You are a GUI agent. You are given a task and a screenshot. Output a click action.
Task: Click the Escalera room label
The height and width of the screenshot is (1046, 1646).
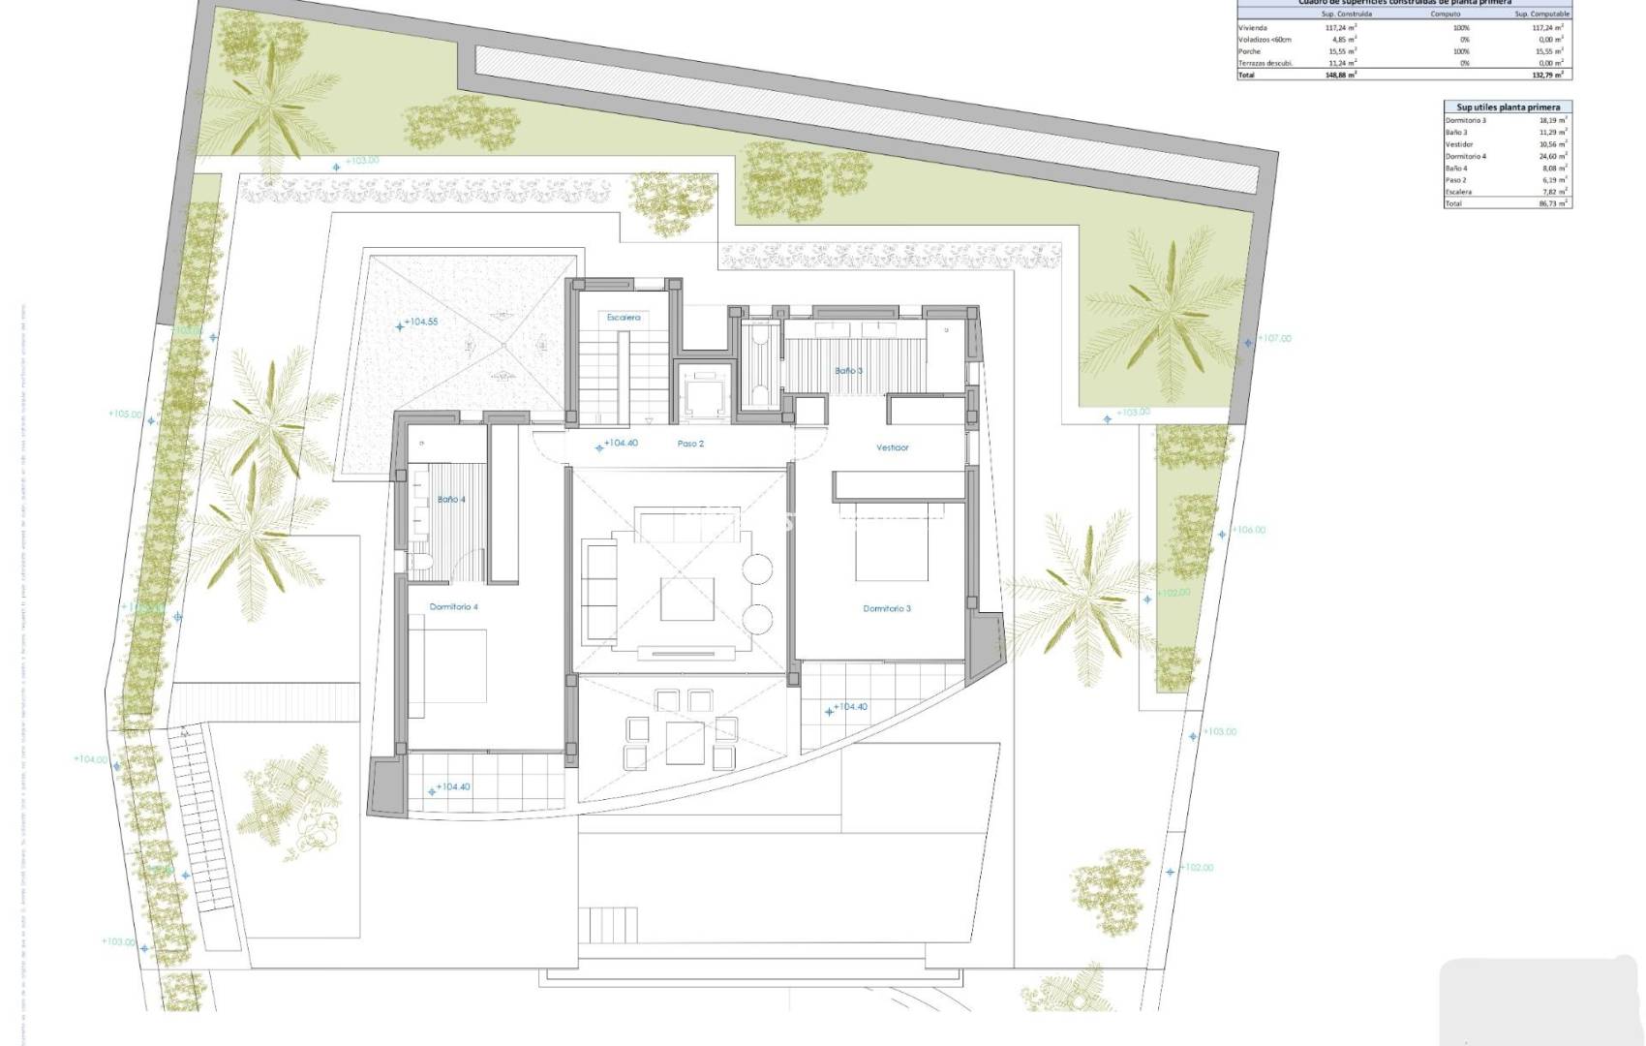(x=624, y=318)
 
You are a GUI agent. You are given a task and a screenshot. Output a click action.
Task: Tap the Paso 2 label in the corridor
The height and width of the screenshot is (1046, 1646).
(x=690, y=444)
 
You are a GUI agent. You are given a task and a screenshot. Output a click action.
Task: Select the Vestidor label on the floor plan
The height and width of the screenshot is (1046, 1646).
(x=893, y=447)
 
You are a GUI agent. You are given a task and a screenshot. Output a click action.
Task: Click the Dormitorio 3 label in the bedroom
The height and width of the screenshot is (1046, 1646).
(x=887, y=609)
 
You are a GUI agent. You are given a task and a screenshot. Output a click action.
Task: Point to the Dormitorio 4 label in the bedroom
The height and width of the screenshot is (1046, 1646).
(x=454, y=607)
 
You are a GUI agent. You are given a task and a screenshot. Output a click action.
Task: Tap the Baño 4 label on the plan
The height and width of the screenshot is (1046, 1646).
(x=451, y=500)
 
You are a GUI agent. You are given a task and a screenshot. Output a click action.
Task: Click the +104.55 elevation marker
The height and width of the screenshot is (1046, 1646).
(x=421, y=322)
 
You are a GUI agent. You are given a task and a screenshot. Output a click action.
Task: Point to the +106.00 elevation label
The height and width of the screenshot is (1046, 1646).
(x=1248, y=531)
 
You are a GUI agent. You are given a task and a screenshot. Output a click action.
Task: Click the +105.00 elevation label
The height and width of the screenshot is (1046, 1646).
(x=125, y=415)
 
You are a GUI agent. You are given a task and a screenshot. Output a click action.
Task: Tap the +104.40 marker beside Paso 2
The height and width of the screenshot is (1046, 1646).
(x=621, y=444)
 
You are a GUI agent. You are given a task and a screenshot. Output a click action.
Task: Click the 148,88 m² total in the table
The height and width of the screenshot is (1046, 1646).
(x=1341, y=75)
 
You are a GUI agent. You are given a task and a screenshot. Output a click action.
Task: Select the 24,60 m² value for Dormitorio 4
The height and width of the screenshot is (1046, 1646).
(x=1554, y=156)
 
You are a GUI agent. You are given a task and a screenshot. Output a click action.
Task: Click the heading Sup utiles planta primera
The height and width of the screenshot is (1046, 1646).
(x=1508, y=107)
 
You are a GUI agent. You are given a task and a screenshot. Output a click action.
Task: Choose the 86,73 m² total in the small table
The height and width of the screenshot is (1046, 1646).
(x=1554, y=203)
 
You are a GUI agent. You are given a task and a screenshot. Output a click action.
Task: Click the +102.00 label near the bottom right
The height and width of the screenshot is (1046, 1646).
(x=1197, y=868)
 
